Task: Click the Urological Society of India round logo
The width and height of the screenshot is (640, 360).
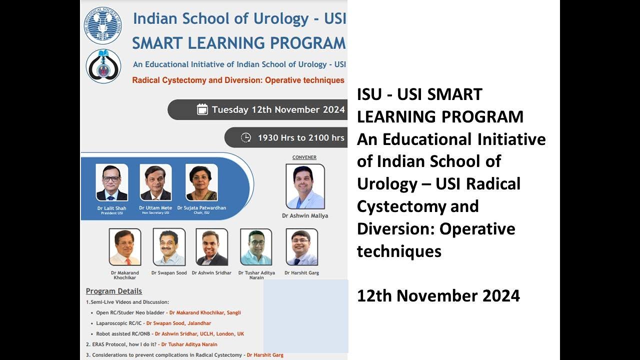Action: pyautogui.click(x=102, y=25)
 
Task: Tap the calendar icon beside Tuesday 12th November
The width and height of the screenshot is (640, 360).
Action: pyautogui.click(x=202, y=109)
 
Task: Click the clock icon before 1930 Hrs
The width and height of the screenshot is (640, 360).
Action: pyautogui.click(x=246, y=137)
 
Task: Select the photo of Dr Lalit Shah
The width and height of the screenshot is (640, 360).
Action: pyautogui.click(x=111, y=182)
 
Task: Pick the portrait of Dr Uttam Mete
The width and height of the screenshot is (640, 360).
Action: pyautogui.click(x=155, y=182)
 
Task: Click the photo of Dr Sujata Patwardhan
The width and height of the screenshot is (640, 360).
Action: pyautogui.click(x=201, y=182)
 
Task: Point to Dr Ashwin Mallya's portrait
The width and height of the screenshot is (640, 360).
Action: pyautogui.click(x=305, y=186)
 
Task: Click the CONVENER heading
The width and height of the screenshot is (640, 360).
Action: pyautogui.click(x=304, y=157)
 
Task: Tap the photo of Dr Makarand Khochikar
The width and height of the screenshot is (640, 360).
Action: pyautogui.click(x=124, y=247)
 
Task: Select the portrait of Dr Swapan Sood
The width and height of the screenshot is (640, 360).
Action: pyautogui.click(x=169, y=247)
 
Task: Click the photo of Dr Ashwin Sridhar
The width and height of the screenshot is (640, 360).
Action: pyautogui.click(x=212, y=247)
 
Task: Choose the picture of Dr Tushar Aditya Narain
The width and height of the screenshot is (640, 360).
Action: pyautogui.click(x=256, y=247)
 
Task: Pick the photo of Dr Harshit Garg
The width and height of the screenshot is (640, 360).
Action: pyautogui.click(x=301, y=247)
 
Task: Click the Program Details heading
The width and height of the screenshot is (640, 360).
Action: pyautogui.click(x=114, y=291)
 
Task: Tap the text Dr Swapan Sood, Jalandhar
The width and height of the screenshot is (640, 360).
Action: pyautogui.click(x=178, y=323)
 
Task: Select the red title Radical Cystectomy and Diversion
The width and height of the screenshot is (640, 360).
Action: pyautogui.click(x=238, y=80)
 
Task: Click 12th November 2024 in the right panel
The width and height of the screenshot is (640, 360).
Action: pyautogui.click(x=438, y=296)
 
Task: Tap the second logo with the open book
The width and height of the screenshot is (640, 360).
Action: pyautogui.click(x=103, y=65)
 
